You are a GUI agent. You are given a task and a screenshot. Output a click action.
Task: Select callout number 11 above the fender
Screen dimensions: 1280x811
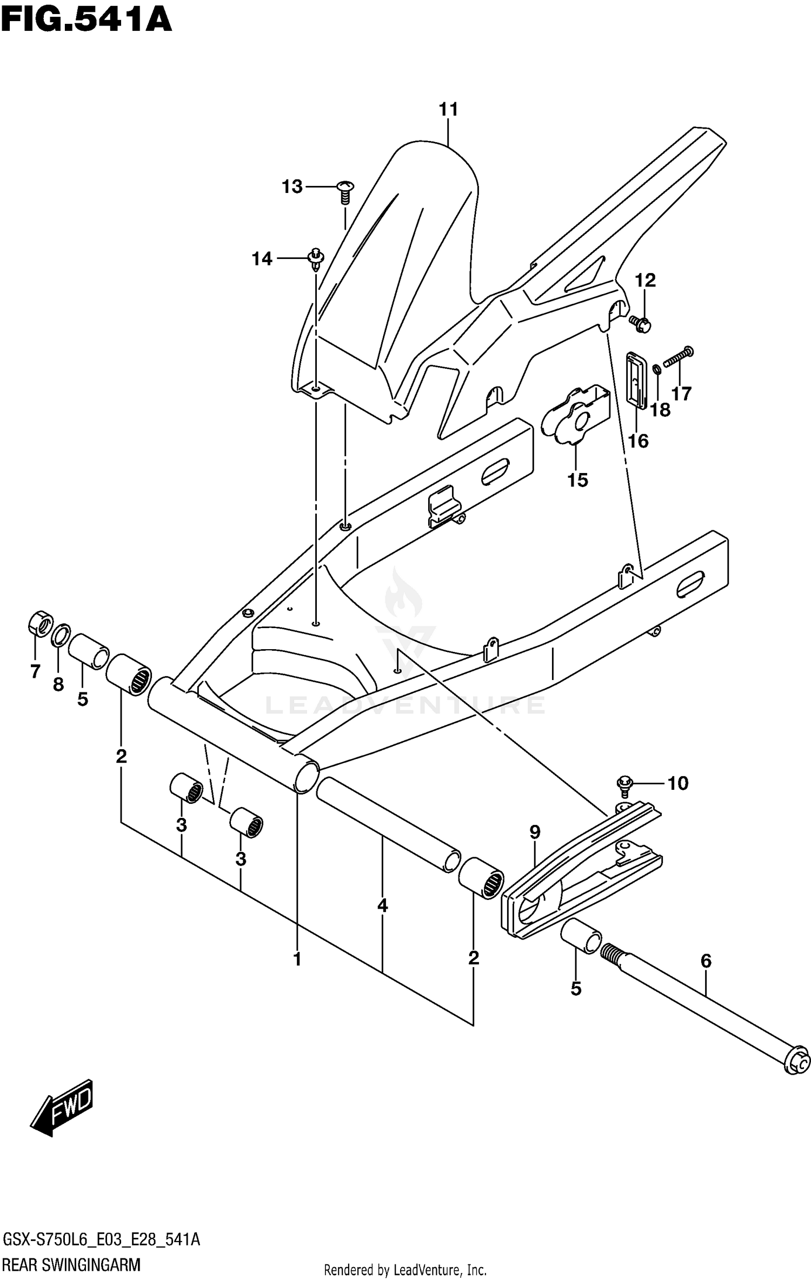pyautogui.click(x=448, y=110)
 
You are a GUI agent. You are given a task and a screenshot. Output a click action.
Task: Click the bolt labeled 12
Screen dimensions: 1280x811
pyautogui.click(x=641, y=323)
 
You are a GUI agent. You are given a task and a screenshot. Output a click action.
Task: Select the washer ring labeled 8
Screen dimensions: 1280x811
pyautogui.click(x=61, y=635)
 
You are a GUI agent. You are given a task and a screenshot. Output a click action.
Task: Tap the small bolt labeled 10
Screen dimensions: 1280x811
pyautogui.click(x=624, y=785)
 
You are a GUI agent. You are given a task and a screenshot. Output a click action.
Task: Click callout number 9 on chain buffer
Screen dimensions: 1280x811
pyautogui.click(x=535, y=832)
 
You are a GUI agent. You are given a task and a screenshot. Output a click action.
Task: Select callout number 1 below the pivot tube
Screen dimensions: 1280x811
pyautogui.click(x=297, y=959)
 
